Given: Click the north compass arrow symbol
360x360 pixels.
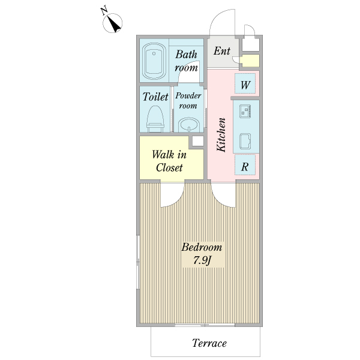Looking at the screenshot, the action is pyautogui.click(x=113, y=23).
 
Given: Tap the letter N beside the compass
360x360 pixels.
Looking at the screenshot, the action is pyautogui.click(x=104, y=11).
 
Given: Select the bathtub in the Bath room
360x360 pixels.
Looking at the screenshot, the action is pyautogui.click(x=154, y=61).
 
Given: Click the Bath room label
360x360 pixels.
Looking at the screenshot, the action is pyautogui.click(x=186, y=61).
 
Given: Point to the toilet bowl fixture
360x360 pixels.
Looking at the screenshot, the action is pyautogui.click(x=155, y=119).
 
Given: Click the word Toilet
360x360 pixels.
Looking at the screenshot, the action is pyautogui.click(x=155, y=97).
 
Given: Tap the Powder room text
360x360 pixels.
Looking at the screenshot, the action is pyautogui.click(x=188, y=101).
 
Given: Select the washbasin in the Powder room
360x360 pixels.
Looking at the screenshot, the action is pyautogui.click(x=189, y=125).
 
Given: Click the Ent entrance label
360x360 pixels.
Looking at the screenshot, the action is pyautogui.click(x=222, y=51).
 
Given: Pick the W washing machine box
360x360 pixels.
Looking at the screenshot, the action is pyautogui.click(x=245, y=83).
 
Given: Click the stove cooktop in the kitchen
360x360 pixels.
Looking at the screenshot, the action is pyautogui.click(x=245, y=112).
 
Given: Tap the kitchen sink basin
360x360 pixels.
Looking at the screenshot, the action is pyautogui.click(x=245, y=141).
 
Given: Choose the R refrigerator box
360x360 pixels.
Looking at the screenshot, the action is pyautogui.click(x=245, y=165).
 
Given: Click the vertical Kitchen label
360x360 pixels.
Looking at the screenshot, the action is pyautogui.click(x=221, y=135).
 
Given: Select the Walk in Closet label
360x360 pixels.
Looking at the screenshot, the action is pyautogui.click(x=169, y=161).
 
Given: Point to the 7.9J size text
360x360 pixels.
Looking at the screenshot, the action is pyautogui.click(x=202, y=260).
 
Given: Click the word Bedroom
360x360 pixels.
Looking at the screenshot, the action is pyautogui.click(x=202, y=247).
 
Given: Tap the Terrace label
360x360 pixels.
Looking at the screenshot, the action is pyautogui.click(x=209, y=343).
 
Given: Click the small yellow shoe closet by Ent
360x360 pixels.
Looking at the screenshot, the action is pyautogui.click(x=250, y=61).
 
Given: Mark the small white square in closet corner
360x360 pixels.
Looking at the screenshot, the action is pyautogui.click(x=197, y=141).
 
